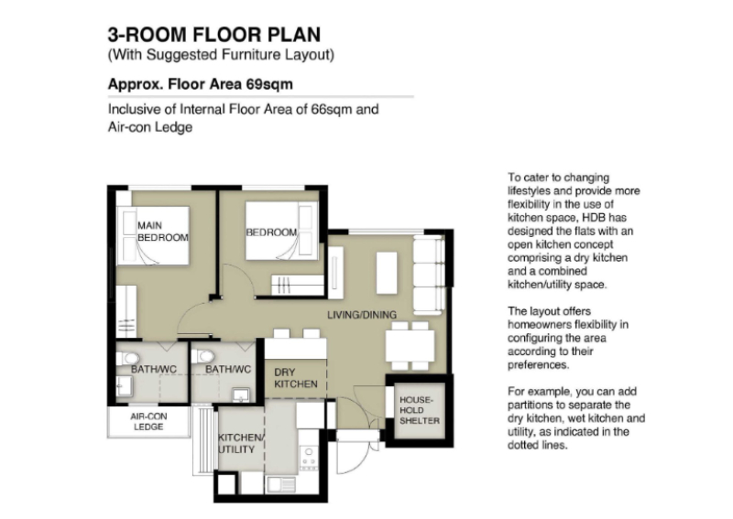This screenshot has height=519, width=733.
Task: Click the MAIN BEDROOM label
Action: click(163, 232)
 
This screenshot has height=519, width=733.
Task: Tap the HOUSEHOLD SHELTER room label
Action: click(420, 410)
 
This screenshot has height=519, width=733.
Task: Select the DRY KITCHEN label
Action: click(295, 378)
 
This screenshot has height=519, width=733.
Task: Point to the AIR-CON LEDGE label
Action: click(148, 421)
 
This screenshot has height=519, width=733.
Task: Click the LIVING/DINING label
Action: click(362, 315)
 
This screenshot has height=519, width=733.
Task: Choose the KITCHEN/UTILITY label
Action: click(241, 443)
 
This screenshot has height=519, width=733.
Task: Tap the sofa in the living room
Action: click(429, 275)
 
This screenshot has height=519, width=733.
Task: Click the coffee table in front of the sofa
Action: click(387, 274)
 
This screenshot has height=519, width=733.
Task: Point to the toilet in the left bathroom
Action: click(128, 358)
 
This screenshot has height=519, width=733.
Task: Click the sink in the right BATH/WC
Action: click(241, 395)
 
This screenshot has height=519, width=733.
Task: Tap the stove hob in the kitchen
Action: click(309, 457)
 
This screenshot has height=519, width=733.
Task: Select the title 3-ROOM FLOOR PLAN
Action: click(214, 35)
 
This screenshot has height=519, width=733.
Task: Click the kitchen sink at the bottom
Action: click(282, 485)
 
